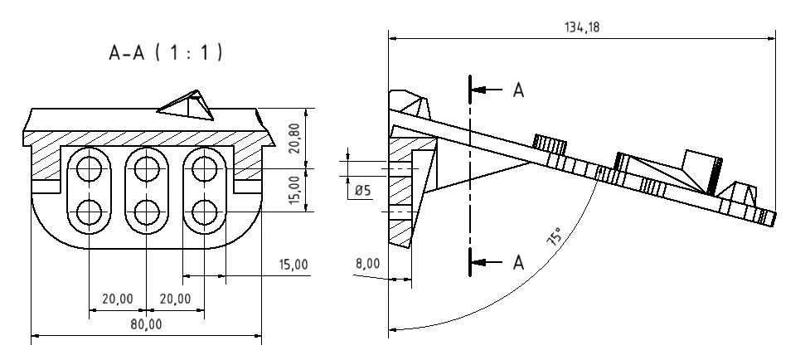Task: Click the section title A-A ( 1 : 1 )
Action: point(166,53)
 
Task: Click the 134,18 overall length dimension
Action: point(581,27)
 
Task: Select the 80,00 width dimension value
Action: point(146,324)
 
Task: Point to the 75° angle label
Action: point(554,237)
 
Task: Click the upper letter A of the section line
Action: point(518,90)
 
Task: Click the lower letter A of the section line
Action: point(518,262)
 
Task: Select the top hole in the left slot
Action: point(89,170)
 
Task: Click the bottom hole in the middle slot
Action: point(146,211)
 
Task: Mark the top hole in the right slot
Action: point(203,170)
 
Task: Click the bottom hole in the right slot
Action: point(203,211)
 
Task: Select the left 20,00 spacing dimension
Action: point(117,298)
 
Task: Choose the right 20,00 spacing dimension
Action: point(174,298)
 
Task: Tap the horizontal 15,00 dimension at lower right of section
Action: point(291,265)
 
